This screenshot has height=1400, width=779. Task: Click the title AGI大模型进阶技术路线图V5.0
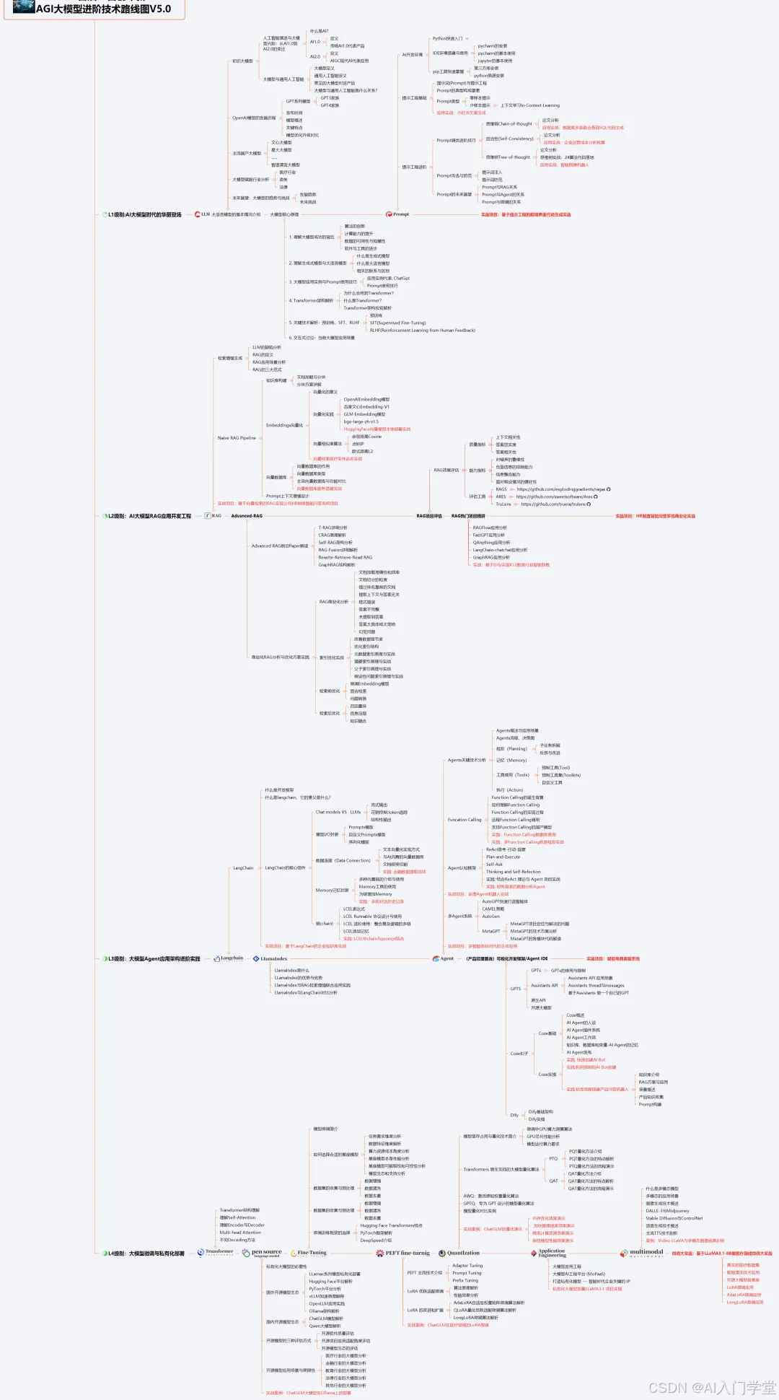tap(103, 9)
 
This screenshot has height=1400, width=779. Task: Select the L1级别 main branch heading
tap(144, 215)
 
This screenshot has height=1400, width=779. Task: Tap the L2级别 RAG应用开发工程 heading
tap(149, 516)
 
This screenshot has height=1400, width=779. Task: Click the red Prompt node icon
tap(389, 214)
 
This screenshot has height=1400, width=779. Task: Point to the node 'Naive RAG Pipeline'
tap(237, 438)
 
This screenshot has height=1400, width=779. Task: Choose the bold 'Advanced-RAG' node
tap(247, 516)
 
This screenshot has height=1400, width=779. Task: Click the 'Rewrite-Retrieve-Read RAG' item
tap(346, 557)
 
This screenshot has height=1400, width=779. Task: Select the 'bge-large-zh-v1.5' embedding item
tap(361, 421)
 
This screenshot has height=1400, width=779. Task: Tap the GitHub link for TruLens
tap(555, 504)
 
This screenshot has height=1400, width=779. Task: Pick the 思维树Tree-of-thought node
tap(508, 157)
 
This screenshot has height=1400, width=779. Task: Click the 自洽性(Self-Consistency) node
tap(509, 139)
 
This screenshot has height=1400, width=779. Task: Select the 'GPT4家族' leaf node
tap(330, 105)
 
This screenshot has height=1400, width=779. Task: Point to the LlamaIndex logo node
tap(270, 959)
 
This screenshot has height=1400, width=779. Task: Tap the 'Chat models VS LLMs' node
tap(338, 812)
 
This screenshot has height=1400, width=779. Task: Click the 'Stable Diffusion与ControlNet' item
tap(674, 1218)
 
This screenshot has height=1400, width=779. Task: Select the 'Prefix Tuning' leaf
tap(465, 1280)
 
